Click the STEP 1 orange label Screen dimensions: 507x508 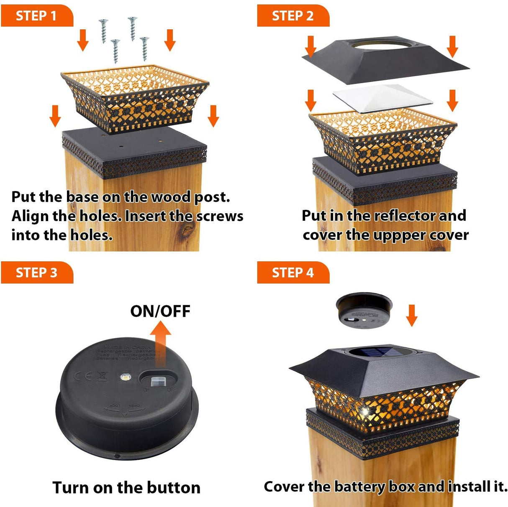(36, 16)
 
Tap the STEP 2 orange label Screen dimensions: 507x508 (292, 16)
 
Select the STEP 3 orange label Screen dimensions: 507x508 (36, 273)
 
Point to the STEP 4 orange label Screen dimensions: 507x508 (292, 273)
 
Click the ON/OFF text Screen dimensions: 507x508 (160, 311)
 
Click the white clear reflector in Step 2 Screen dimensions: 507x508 (382, 98)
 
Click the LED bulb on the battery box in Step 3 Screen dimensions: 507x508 (124, 377)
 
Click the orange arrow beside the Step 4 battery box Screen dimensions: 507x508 (412, 315)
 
